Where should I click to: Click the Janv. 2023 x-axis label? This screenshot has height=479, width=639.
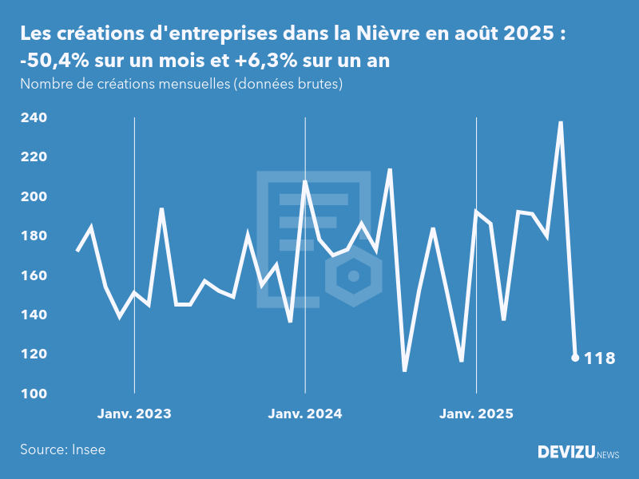tap(134, 414)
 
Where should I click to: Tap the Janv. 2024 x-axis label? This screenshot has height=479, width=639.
tap(305, 414)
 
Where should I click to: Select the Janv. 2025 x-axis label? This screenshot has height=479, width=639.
tap(476, 414)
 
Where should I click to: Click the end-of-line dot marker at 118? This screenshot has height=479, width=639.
tap(575, 358)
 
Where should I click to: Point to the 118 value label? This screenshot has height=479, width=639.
tap(600, 358)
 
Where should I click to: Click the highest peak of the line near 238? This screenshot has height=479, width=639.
tap(561, 122)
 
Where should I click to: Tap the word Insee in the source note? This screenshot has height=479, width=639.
tap(88, 449)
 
